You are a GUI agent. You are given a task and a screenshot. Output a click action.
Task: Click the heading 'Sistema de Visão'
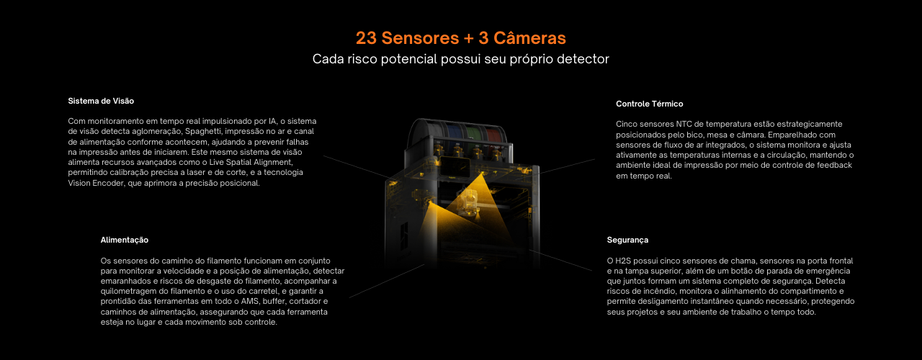pos(101,101)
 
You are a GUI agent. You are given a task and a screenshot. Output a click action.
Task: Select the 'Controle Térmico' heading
pos(649,104)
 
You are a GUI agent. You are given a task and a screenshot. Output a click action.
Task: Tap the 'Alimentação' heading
pos(125,240)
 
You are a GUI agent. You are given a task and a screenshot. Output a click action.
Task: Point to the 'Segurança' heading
pos(627,240)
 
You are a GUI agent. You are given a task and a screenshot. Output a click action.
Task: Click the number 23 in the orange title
pos(366,38)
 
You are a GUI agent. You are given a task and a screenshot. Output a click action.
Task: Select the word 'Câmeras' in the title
pos(529,38)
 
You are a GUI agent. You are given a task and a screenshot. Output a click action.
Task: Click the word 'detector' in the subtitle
pos(583,59)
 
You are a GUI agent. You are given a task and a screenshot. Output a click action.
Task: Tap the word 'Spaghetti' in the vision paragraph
pos(202,132)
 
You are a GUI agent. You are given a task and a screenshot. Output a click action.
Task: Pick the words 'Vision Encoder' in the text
pos(96,183)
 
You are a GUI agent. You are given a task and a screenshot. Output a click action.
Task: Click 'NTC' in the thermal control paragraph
pos(684,125)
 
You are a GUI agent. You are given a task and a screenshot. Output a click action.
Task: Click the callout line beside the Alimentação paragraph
pos(387,281)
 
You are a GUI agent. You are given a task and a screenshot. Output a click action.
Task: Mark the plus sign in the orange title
pos(468,38)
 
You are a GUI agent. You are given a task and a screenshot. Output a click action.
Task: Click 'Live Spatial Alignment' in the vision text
pos(251,163)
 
